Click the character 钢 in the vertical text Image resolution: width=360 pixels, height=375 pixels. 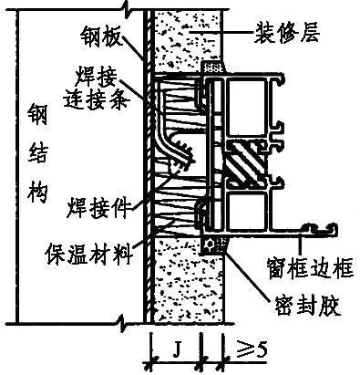coord(26,117)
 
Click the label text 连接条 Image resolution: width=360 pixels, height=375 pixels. coord(94,93)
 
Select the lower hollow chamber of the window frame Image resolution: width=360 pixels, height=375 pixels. coord(247,212)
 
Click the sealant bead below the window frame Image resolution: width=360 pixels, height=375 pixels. coord(215,245)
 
